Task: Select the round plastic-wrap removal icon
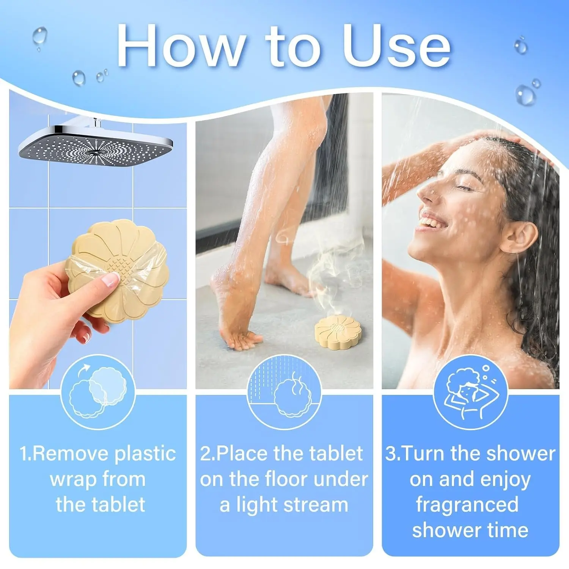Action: pos(98,392)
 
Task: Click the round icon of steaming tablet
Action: pos(284,392)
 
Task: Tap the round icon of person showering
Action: pos(470,392)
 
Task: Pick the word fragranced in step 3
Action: pos(467,505)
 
